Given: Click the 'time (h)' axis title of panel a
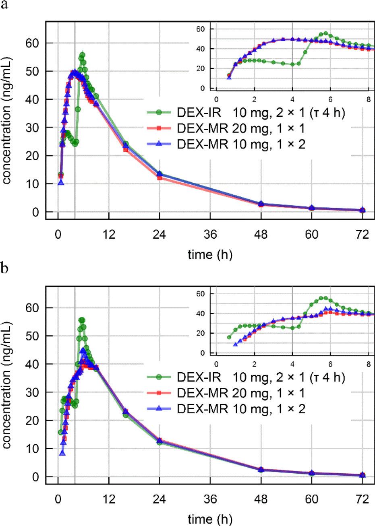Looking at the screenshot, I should click(x=210, y=254).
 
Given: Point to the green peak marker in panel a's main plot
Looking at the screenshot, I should click(x=82, y=55).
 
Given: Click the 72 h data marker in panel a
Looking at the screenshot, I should click(x=363, y=210).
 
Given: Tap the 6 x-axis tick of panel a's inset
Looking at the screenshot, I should click(x=330, y=100).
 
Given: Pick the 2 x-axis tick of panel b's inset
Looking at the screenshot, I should click(x=254, y=365).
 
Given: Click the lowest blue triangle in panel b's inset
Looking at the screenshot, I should click(x=236, y=344).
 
